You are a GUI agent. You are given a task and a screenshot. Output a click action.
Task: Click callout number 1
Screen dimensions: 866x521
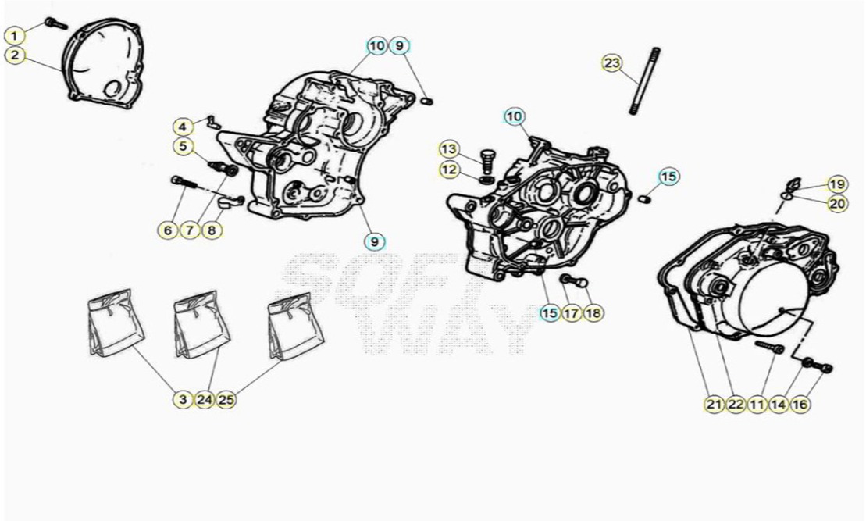tap(15, 36)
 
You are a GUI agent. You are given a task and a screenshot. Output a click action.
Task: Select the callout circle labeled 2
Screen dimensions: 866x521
tap(15, 55)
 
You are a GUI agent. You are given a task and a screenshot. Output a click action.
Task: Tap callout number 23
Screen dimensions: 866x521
tap(612, 63)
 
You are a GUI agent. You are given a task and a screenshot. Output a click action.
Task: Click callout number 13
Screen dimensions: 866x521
tap(449, 149)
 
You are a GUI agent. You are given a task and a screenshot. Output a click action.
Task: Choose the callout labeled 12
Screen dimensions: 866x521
tap(449, 170)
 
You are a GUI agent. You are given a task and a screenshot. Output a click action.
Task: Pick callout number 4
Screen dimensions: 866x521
tap(184, 127)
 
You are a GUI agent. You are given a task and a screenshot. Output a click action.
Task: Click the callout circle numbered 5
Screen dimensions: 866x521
tap(184, 147)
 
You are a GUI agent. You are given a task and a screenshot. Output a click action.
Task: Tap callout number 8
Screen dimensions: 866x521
tap(212, 230)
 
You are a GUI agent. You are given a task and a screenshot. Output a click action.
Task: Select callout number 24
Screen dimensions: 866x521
tap(205, 399)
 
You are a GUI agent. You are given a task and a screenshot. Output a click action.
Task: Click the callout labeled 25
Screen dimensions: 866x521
tap(226, 399)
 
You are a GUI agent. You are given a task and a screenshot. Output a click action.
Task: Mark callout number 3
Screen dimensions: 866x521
tap(183, 399)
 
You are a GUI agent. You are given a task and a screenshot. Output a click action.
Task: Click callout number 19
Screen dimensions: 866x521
tap(837, 184)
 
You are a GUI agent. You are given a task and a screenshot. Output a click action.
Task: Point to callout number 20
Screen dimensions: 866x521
tap(837, 204)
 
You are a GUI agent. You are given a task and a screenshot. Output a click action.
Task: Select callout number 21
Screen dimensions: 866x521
tap(715, 405)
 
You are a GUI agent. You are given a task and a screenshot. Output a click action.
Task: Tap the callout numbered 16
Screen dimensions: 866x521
tap(800, 405)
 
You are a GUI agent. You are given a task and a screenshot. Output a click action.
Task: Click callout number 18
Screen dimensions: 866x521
tap(593, 313)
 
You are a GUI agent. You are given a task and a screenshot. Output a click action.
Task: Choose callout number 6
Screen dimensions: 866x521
tap(168, 230)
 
